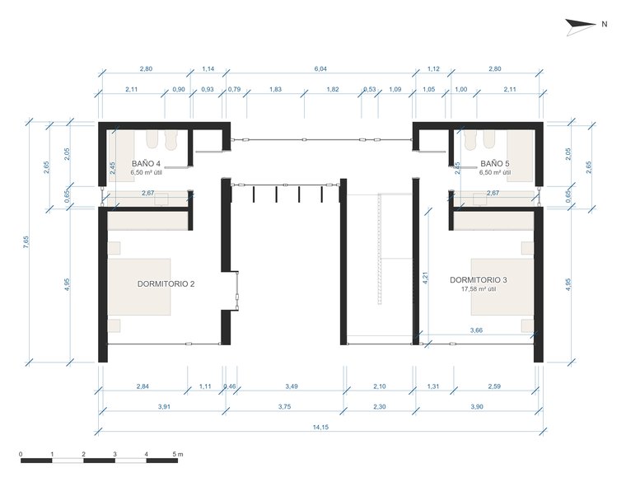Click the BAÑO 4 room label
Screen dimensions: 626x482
pos(146,163)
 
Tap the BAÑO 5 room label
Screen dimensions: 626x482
pos(495,163)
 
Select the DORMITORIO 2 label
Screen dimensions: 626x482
pos(166,284)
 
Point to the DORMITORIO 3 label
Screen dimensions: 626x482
pos(479,280)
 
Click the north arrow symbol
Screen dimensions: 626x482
pos(580,26)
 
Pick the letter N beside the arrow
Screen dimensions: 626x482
pos(605,24)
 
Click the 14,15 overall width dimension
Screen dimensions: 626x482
pos(320,428)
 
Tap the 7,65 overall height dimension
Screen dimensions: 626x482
pos(26,242)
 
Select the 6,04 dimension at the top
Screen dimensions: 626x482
pos(320,68)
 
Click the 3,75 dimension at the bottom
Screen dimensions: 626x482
pos(284,407)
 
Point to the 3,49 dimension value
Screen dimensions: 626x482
pos(292,386)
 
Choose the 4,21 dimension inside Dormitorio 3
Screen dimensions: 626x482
pos(425,278)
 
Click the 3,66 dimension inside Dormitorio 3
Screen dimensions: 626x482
pos(476,330)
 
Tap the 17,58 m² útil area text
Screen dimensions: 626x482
pos(479,289)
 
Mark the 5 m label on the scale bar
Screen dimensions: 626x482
pos(178,455)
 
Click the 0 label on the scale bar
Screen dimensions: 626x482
pos(21,455)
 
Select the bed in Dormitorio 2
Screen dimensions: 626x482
pos(139,287)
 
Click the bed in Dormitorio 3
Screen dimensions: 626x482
pos(502,287)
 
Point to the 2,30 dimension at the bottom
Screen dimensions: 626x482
pos(379,407)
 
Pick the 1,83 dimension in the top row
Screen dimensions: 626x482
pos(275,89)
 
